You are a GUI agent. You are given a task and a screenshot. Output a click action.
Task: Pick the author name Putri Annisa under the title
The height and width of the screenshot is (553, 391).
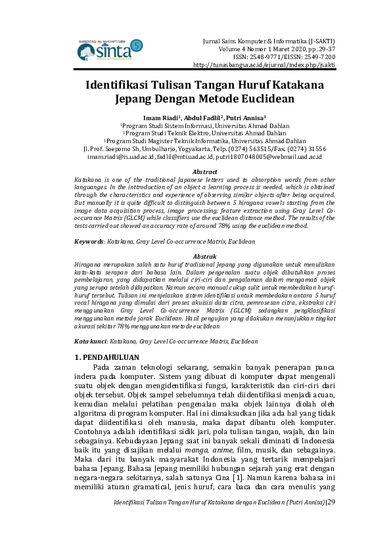click(x=244, y=117)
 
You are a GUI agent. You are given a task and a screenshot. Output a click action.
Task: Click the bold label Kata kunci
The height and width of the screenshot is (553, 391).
click(x=89, y=342)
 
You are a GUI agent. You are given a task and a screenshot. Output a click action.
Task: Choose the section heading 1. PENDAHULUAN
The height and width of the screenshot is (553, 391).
click(x=107, y=357)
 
